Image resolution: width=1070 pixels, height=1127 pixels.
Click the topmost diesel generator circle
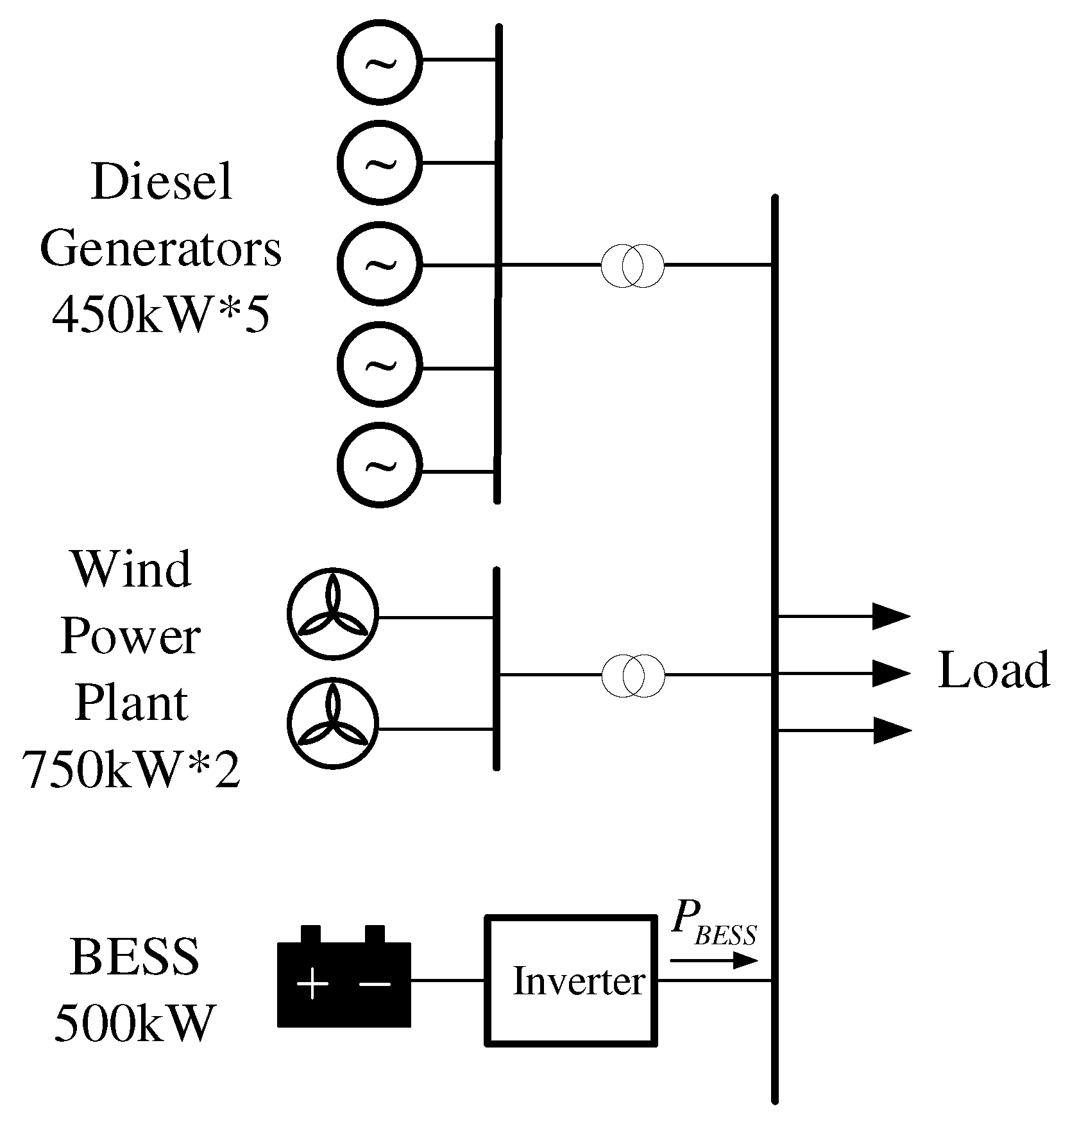(x=380, y=62)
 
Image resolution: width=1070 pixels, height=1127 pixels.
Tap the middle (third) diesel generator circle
(x=380, y=263)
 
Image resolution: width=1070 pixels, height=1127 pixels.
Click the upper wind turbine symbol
(x=332, y=614)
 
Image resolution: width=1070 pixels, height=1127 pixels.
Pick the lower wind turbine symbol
(x=332, y=723)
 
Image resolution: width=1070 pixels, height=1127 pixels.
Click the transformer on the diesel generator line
(x=632, y=265)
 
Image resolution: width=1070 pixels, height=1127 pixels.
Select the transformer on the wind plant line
(x=633, y=675)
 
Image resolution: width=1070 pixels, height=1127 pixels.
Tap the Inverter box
(x=571, y=981)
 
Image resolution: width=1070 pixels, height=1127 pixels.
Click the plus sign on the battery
(x=313, y=983)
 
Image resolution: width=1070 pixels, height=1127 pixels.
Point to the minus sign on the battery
(x=375, y=983)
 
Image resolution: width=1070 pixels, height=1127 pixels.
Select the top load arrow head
(x=892, y=617)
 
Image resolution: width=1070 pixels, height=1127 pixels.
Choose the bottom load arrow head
(x=892, y=730)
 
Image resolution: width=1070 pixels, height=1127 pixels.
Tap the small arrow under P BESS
(x=713, y=960)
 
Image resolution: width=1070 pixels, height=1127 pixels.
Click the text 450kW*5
(x=160, y=315)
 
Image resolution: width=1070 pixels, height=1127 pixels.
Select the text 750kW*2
(x=132, y=769)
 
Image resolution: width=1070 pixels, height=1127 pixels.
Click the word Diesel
(x=162, y=182)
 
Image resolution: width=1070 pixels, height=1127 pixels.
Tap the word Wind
(x=132, y=569)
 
